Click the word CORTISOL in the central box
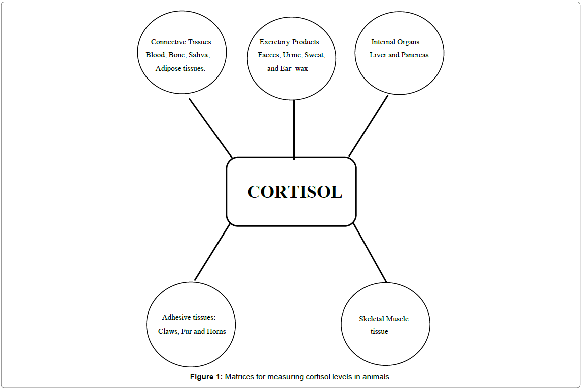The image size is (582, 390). tap(295, 192)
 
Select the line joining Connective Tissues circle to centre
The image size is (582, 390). tap(210, 128)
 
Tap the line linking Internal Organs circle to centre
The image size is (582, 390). tap(368, 126)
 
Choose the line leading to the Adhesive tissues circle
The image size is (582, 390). tap(212, 252)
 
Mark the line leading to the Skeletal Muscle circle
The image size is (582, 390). tap(370, 253)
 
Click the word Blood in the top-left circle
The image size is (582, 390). tap(155, 55)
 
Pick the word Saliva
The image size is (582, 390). tap(199, 55)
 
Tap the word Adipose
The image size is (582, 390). tap(168, 68)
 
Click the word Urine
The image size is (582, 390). tap(293, 55)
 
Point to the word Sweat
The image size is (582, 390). tap(315, 55)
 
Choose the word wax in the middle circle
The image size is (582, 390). tap(302, 68)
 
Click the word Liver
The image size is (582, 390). tap(378, 55)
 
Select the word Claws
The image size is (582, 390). tap(168, 331)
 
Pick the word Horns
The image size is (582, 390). tap(216, 331)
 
